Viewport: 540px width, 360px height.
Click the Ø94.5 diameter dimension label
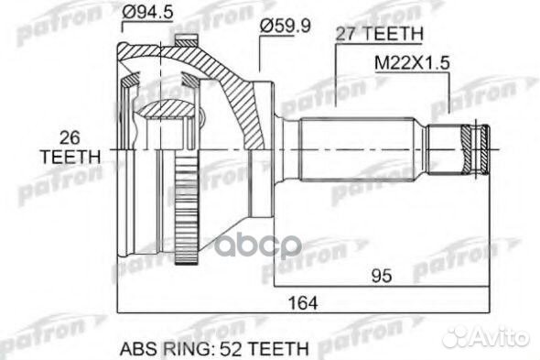point(147,13)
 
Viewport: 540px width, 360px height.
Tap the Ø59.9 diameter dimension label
point(286,26)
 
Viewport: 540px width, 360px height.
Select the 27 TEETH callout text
point(379,34)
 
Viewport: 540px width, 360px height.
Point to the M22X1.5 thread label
point(412,63)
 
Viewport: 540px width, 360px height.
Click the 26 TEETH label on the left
point(70,147)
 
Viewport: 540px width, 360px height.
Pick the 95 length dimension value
point(382,276)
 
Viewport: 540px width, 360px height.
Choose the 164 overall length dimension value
point(303,303)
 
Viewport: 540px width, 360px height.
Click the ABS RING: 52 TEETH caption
point(214,349)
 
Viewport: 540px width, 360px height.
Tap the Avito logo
point(485,336)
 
